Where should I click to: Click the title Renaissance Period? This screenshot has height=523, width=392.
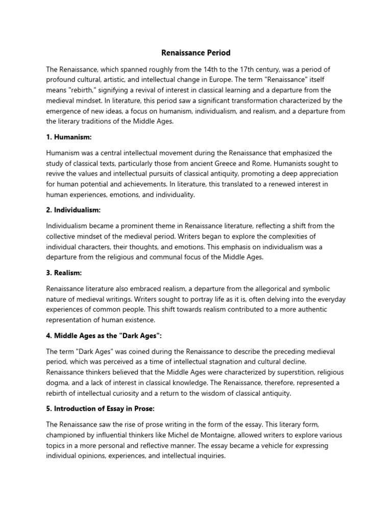pyautogui.click(x=196, y=53)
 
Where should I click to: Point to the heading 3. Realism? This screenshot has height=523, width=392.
pyautogui.click(x=64, y=273)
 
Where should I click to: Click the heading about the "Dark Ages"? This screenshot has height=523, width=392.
pyautogui.click(x=101, y=336)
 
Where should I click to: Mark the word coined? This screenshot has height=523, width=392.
pyautogui.click(x=135, y=352)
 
